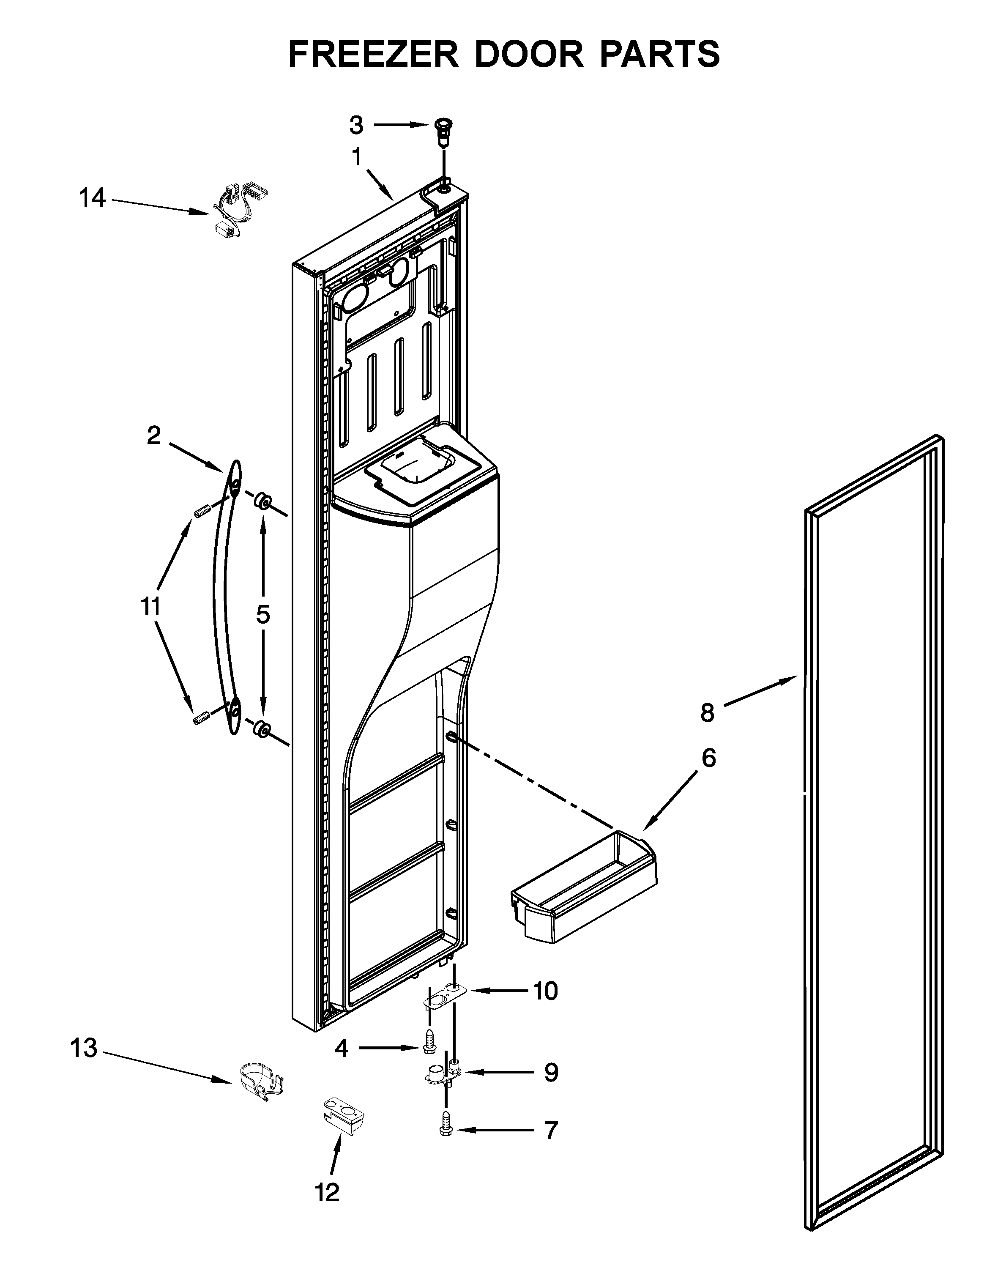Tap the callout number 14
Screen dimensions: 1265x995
point(92,199)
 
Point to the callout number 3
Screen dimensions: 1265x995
point(356,125)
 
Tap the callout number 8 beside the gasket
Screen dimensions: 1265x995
point(707,712)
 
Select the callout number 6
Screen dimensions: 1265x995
point(708,758)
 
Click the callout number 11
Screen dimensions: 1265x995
point(150,607)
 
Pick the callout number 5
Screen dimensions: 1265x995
point(263,614)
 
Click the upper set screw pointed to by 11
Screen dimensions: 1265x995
point(201,513)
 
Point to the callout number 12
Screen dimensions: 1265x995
point(328,1193)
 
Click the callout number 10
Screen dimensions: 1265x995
point(546,991)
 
